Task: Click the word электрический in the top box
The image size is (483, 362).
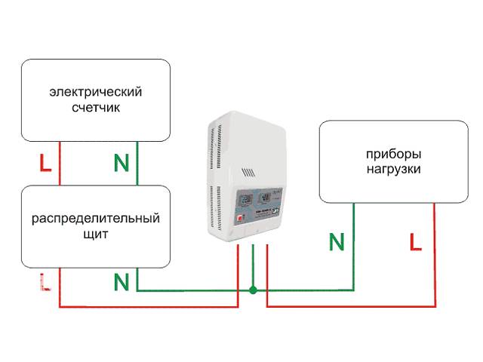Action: coord(95,92)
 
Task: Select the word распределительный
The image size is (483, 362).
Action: coord(95,219)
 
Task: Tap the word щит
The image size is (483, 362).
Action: coord(95,235)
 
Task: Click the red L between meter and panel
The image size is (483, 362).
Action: coord(45,162)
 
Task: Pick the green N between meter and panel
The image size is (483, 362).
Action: coord(121,162)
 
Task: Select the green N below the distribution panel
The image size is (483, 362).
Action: coord(121,282)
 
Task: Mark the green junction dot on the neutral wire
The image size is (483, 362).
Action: coord(254,290)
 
